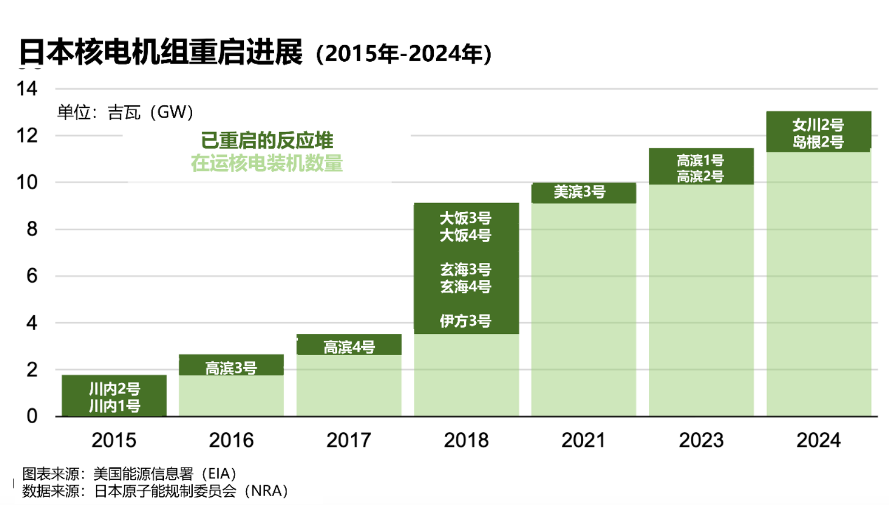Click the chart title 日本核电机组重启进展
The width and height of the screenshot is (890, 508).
(161, 52)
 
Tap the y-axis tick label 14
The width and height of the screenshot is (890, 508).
(27, 89)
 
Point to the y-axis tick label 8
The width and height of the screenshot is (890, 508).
(32, 229)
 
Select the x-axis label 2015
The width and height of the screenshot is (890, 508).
(114, 440)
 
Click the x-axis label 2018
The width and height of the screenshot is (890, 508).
(466, 440)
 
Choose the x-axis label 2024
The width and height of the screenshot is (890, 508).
(819, 440)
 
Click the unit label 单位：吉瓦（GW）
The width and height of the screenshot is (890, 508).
(125, 112)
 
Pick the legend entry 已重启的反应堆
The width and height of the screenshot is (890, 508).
(267, 140)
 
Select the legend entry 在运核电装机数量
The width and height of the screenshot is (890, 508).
(267, 164)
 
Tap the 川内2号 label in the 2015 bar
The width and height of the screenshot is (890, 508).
(115, 388)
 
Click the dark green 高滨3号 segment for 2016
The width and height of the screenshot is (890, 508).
(231, 366)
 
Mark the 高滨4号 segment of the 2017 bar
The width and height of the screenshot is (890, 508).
(349, 346)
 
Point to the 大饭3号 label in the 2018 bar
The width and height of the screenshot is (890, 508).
(466, 218)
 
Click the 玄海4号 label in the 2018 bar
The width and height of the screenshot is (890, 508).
(466, 287)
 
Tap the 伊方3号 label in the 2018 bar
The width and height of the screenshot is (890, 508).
(466, 321)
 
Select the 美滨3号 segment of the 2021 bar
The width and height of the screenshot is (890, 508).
(583, 193)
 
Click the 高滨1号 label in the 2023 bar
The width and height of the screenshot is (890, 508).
(701, 160)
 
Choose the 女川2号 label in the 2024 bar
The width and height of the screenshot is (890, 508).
(818, 125)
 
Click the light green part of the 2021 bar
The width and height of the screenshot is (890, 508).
(583, 309)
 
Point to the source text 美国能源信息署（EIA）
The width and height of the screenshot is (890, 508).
(165, 474)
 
